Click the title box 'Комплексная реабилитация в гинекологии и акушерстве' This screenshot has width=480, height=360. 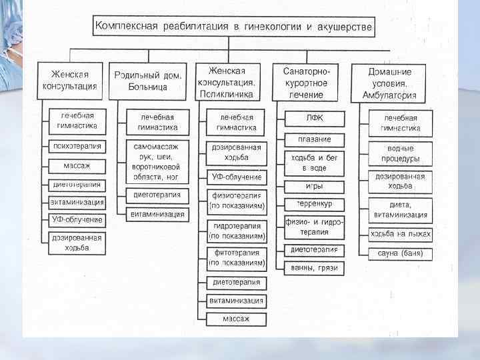(234, 27)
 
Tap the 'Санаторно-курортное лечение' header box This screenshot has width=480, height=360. (305, 83)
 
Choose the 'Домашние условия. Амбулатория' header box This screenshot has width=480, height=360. (399, 83)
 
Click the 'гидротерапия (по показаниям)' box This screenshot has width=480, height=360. (237, 231)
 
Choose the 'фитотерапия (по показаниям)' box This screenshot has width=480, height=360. (237, 258)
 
